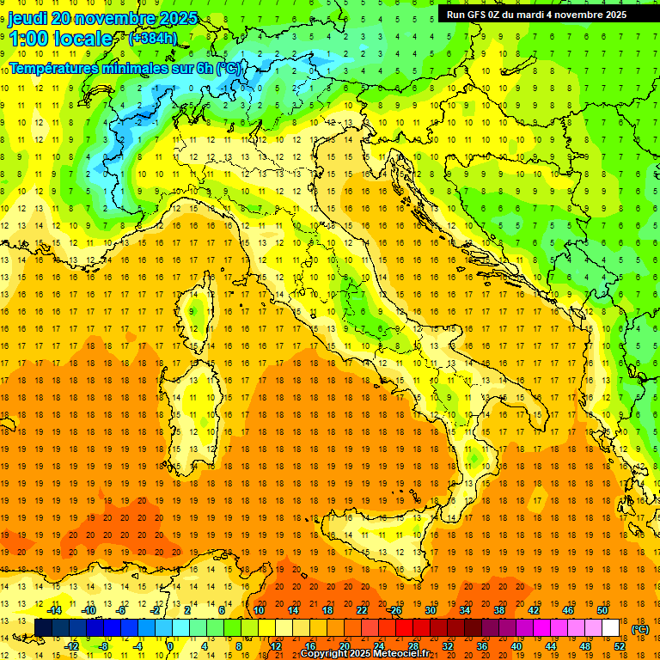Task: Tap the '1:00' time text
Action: (27, 39)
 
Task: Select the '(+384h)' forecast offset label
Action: (154, 38)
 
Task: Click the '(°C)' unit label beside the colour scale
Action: (640, 629)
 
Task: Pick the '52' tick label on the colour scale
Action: (620, 646)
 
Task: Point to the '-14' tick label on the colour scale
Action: (53, 610)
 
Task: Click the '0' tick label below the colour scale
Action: (169, 646)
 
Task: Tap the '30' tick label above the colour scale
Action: (430, 610)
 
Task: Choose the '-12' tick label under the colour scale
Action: (71, 646)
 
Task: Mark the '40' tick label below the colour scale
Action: (516, 646)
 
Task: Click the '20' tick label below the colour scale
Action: (344, 646)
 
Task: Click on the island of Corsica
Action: (200, 310)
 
